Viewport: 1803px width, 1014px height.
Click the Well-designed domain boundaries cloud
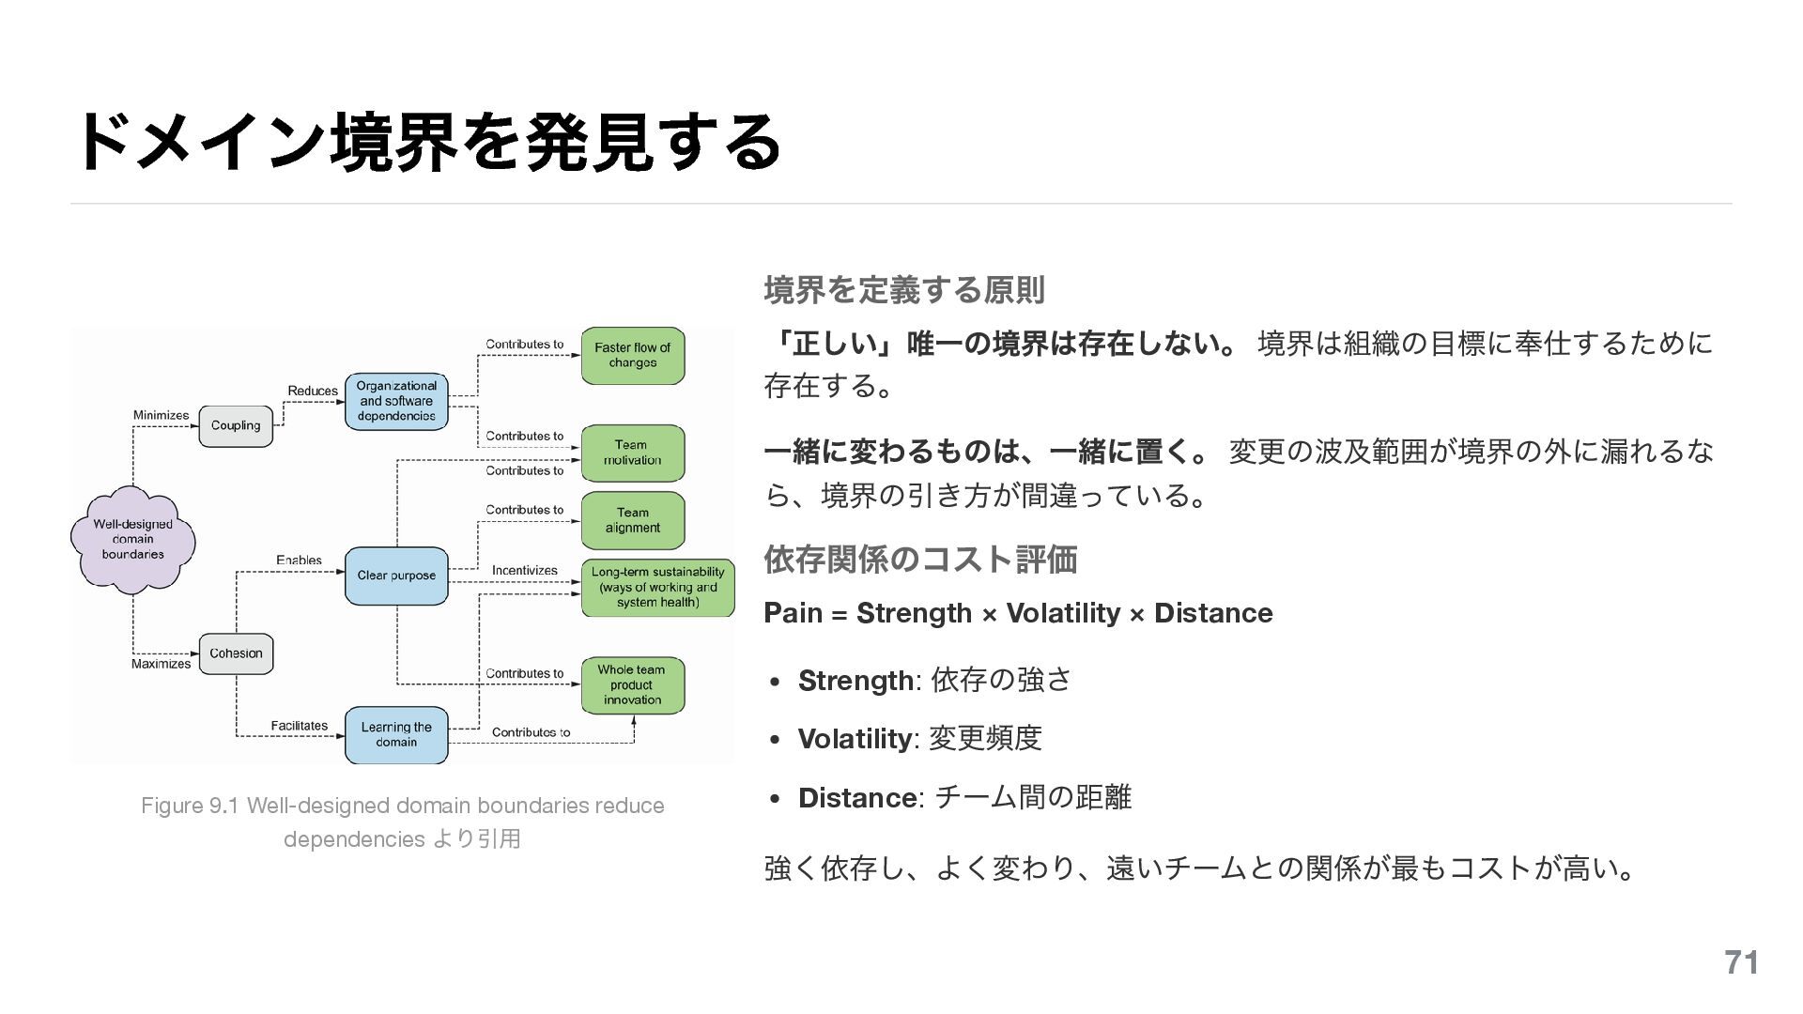pos(132,539)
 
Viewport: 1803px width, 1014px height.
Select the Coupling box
pos(236,425)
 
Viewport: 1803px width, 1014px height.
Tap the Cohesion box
pos(236,653)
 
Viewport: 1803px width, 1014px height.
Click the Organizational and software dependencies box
pos(396,401)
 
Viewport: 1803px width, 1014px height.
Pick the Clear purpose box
pos(396,576)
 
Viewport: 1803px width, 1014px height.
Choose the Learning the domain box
pos(396,734)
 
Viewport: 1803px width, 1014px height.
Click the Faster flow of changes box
pos(632,355)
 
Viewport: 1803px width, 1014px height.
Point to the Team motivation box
pos(632,453)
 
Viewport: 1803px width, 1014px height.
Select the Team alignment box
pos(632,520)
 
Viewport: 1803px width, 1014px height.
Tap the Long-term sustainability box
pos(657,587)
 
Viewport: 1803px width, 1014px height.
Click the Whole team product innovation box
pos(632,684)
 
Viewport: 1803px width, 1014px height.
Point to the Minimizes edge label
pos(161,415)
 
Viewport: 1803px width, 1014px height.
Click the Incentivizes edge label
pos(524,570)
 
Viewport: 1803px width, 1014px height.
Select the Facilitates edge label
pos(299,726)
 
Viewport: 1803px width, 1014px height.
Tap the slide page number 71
pos(1741,962)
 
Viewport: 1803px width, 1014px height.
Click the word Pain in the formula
pos(793,613)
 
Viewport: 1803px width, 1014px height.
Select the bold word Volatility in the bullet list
pos(854,739)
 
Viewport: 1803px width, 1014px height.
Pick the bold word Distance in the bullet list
pos(857,798)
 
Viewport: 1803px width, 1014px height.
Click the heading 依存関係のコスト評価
pos(920,560)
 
